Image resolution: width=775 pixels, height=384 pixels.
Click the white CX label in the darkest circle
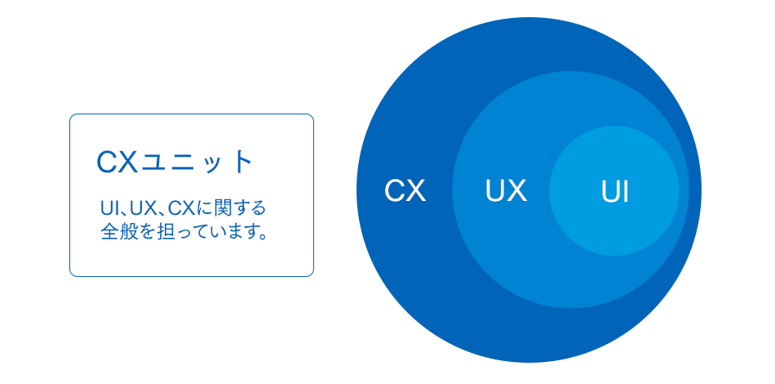tap(405, 190)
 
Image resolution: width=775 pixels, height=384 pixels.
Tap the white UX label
tap(506, 190)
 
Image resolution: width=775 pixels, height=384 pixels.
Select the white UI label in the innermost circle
tap(615, 191)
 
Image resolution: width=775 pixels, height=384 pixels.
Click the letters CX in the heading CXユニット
tap(117, 163)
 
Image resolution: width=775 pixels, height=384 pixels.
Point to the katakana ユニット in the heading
tap(197, 163)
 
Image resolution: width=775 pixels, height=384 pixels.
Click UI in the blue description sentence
tap(107, 208)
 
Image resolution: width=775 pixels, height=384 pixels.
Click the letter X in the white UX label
tap(517, 190)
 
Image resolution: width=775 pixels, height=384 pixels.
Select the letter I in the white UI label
tap(625, 191)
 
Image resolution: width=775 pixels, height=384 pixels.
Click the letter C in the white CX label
tap(394, 190)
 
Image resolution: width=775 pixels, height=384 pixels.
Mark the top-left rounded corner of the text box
tap(72, 116)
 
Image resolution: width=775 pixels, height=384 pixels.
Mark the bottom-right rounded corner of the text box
tap(312, 274)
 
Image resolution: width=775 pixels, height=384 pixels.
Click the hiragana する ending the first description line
tap(249, 208)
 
